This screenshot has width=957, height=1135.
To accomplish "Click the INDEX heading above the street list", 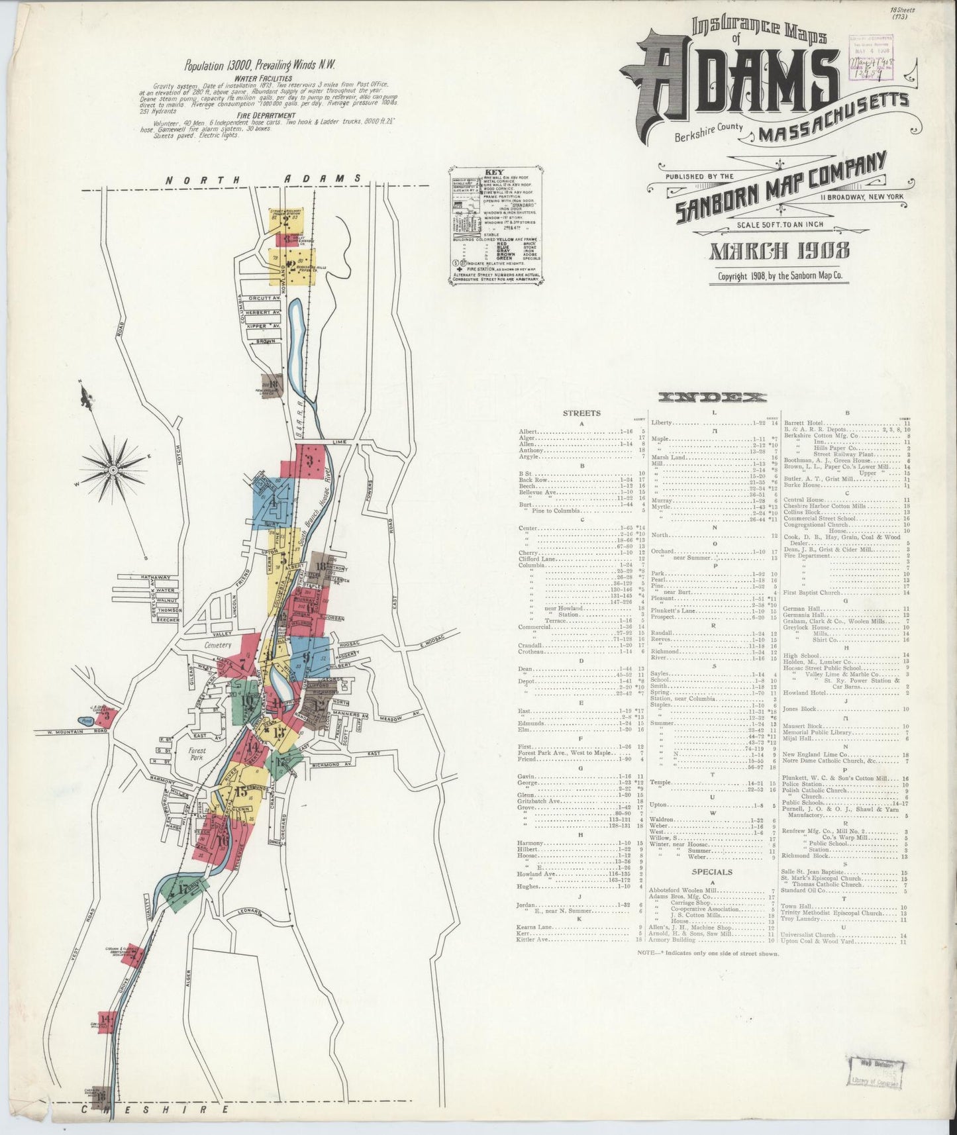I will (x=712, y=398).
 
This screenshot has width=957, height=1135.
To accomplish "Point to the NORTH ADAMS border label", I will (x=263, y=179).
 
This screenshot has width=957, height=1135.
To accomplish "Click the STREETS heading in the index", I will (x=581, y=413).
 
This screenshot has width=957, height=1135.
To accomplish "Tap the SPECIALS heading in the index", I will (x=711, y=872).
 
